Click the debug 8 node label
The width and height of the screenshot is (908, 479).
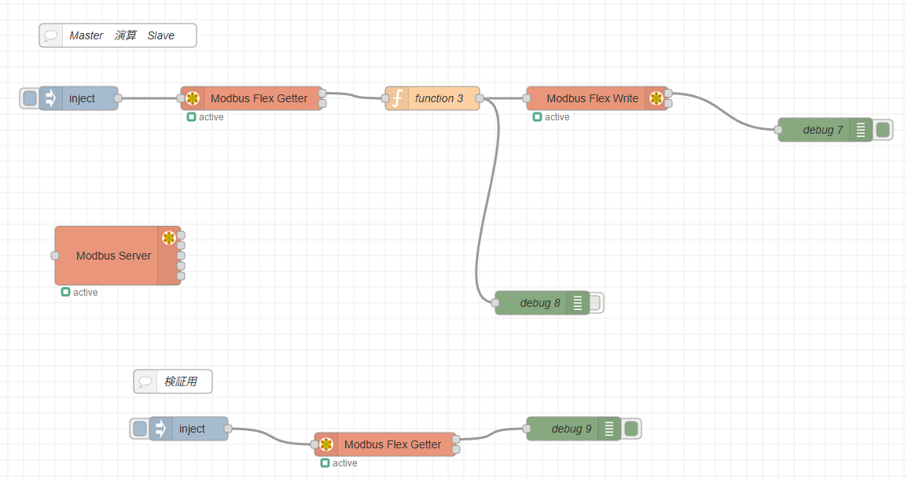(x=539, y=303)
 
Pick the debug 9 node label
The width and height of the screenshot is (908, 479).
(x=571, y=429)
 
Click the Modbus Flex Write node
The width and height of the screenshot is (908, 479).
(x=592, y=98)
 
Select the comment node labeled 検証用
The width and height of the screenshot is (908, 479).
(x=180, y=382)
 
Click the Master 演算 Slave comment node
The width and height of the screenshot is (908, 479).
(x=122, y=35)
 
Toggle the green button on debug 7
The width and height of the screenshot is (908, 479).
(x=883, y=130)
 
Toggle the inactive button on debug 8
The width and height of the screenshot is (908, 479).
(x=595, y=303)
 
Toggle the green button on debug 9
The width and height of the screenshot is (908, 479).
(x=631, y=429)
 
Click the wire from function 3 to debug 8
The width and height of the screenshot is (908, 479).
(x=487, y=197)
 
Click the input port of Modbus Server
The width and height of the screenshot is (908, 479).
(x=55, y=256)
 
